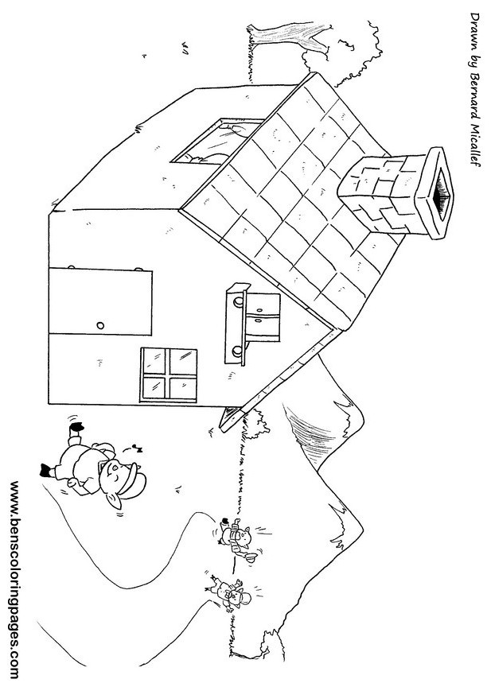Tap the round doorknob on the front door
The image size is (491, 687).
pyautogui.click(x=100, y=325)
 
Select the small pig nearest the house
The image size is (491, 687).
pyautogui.click(x=237, y=541)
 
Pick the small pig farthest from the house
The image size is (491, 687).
pyautogui.click(x=232, y=593)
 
